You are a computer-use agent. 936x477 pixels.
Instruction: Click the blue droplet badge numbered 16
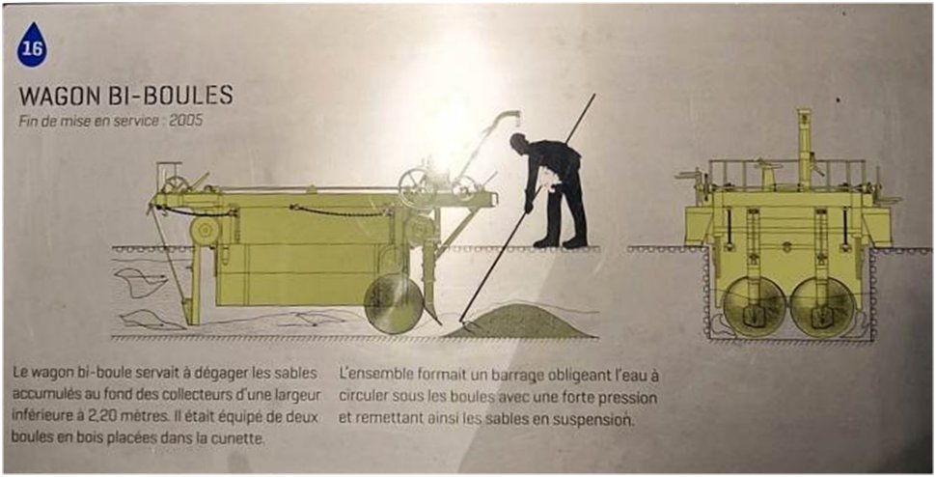click(x=32, y=45)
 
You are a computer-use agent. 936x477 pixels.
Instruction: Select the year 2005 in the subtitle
click(x=185, y=121)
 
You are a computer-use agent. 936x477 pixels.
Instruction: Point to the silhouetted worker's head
click(x=519, y=143)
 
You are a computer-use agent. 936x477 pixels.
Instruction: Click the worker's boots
click(x=561, y=241)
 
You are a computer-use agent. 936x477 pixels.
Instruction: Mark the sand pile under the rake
click(x=519, y=322)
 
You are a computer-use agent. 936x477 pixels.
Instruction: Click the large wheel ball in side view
click(x=394, y=304)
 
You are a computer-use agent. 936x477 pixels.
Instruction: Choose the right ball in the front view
click(x=823, y=307)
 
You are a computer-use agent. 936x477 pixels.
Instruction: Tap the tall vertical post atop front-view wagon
click(x=804, y=142)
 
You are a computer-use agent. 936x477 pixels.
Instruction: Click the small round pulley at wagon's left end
click(x=205, y=231)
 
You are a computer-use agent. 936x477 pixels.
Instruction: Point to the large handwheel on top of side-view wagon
click(x=417, y=187)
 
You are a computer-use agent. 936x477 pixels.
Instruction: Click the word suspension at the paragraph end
click(x=592, y=419)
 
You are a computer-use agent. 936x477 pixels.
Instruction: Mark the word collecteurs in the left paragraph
click(x=226, y=395)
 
